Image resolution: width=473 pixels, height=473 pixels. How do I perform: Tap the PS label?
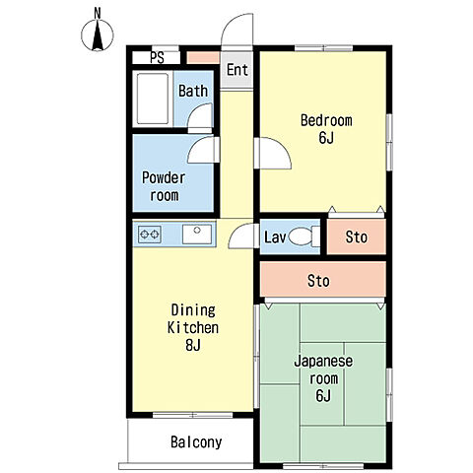pos(157,58)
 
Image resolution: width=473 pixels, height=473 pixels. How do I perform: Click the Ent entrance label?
pos(237,70)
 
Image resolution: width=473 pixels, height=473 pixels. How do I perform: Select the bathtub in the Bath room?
pos(153,99)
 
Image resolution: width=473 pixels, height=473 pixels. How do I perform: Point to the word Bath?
pos(193,91)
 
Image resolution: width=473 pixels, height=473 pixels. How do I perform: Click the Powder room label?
pos(164,186)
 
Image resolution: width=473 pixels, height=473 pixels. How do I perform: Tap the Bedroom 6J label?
pos(326,129)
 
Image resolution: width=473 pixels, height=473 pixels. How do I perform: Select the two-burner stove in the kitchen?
pos(150,235)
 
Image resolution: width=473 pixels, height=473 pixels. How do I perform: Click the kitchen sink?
pos(197,235)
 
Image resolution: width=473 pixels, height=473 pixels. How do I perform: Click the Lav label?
pos(275,237)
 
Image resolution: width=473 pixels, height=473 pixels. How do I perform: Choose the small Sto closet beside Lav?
pos(357,236)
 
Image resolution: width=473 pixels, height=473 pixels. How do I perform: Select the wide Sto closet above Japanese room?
pos(323,280)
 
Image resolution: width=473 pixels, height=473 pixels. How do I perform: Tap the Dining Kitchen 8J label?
pos(193,327)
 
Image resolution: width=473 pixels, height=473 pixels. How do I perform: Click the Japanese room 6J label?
pos(323,378)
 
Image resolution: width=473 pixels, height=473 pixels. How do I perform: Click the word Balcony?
pos(196,442)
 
